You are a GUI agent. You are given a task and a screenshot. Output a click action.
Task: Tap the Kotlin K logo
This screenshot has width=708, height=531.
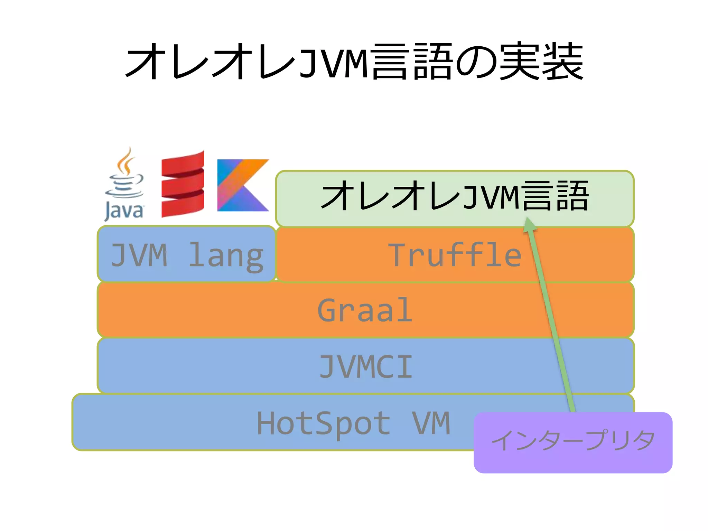coord(243,185)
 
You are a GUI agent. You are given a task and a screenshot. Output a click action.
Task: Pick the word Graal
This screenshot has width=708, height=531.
coord(365,310)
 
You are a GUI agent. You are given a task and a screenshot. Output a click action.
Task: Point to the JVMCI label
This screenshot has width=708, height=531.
coord(366,366)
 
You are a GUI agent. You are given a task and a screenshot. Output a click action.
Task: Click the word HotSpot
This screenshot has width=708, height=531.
coord(324,423)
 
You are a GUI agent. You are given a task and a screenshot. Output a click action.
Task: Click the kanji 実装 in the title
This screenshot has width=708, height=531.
coord(541,62)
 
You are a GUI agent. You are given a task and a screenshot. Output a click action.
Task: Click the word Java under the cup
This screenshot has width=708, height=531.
coord(124,210)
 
